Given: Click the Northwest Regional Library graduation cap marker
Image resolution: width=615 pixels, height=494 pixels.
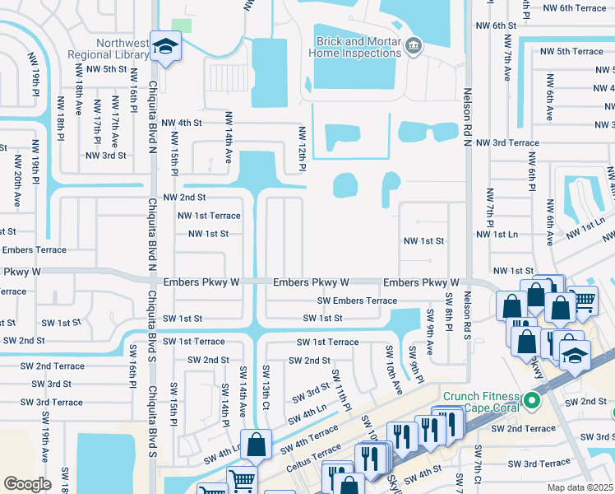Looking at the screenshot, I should click(165, 49).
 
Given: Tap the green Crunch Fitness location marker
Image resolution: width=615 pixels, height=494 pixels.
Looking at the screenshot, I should click(532, 402).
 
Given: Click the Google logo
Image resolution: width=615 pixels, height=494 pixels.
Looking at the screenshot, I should click(27, 483).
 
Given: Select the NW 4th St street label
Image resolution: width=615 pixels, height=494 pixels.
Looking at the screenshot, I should click(182, 123).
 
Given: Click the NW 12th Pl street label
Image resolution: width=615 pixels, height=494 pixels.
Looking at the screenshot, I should click(302, 149).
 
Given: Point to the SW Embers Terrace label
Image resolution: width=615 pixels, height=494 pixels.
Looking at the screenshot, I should click(358, 301).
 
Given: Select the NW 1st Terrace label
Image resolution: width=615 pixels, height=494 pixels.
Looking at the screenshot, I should click(209, 216).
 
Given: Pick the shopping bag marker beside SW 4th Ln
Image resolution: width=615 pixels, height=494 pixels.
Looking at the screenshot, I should click(257, 443).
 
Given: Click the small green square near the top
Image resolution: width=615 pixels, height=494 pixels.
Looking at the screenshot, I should click(182, 25).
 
